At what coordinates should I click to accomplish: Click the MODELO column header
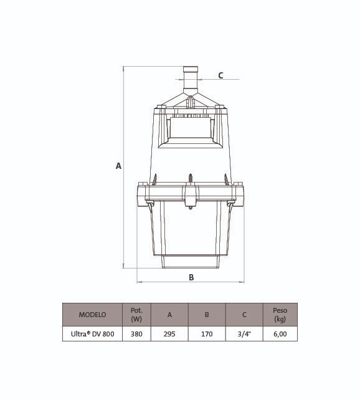92,315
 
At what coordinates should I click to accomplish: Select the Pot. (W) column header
136,315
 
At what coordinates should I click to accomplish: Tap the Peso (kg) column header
280,315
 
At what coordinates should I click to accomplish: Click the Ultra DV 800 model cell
92,334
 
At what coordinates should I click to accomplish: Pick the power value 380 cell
136,334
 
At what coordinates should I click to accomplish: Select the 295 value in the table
169,334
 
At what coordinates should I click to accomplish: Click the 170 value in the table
207,334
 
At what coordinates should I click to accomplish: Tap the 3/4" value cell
244,334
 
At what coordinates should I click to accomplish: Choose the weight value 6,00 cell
280,334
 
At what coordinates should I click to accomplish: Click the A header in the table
169,315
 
